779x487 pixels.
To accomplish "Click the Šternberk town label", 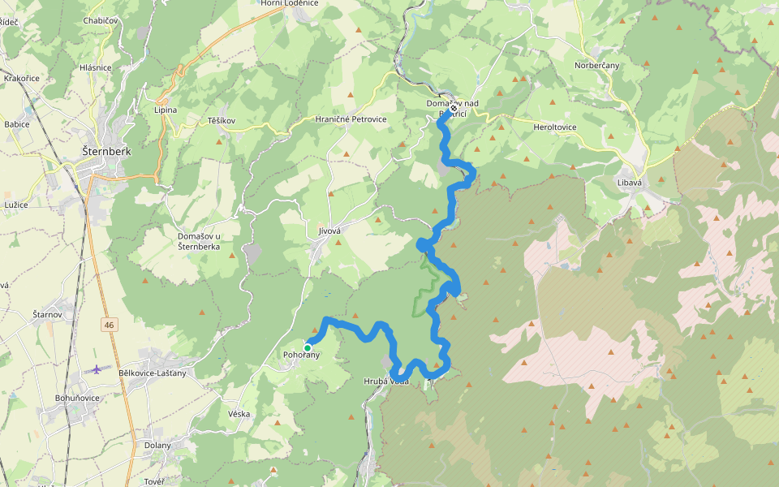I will coord(107,150).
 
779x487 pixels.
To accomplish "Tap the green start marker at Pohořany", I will coord(308,347).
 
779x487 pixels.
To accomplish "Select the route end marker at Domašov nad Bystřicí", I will coord(453,109).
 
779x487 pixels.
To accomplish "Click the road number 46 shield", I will coord(109,325).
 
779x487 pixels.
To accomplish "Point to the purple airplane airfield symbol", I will coord(97,369).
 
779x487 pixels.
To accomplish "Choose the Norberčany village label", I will coord(597,65).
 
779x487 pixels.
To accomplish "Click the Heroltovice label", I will coord(555,127).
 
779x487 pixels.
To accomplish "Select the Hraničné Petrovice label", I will coord(351,119).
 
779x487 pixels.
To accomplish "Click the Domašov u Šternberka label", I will coord(200,242).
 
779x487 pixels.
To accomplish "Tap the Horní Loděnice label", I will coord(290,3).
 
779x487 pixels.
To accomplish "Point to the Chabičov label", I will coord(100,20).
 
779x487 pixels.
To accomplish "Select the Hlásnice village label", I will coord(96,67).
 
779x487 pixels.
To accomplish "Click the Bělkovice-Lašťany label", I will coord(153,373).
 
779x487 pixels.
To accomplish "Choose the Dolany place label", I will coord(158,445).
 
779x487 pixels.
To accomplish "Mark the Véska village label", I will coord(239,414).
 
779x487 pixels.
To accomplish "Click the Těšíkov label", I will coord(221,121).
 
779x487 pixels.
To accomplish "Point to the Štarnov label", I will coord(47,314).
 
